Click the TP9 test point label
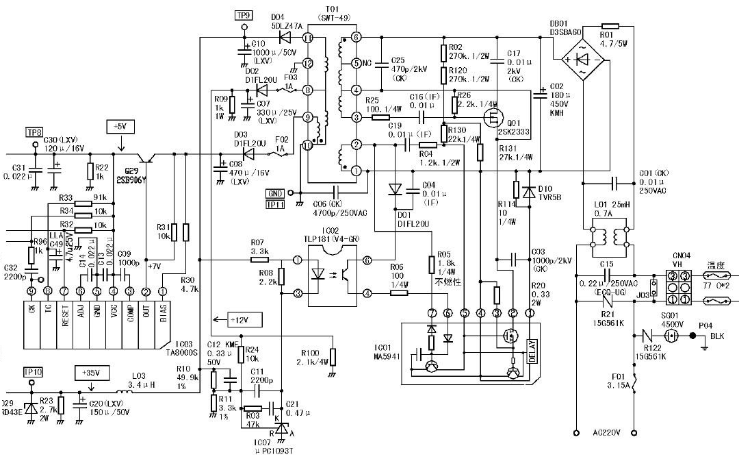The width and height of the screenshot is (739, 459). (244, 14)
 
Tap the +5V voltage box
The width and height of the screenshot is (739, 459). (120, 127)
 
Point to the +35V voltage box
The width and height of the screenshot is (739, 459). (90, 373)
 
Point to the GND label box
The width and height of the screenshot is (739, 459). (275, 194)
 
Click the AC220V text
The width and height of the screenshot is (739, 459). (607, 433)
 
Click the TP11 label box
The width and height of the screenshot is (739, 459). (274, 204)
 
